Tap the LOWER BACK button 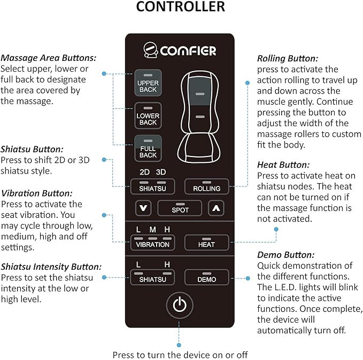pyautogui.click(x=148, y=117)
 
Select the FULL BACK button pyautogui.click(x=148, y=150)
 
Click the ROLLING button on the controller pyautogui.click(x=206, y=186)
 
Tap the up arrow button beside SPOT pyautogui.click(x=215, y=208)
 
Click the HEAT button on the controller pyautogui.click(x=206, y=242)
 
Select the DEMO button pyautogui.click(x=206, y=277)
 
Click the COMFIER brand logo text pyautogui.click(x=187, y=51)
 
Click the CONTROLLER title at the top pyautogui.click(x=180, y=7)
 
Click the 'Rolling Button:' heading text pyautogui.click(x=288, y=58)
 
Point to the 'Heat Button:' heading pyautogui.click(x=283, y=165)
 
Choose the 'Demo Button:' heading pyautogui.click(x=285, y=255)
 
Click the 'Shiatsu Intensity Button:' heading pyautogui.click(x=51, y=267)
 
